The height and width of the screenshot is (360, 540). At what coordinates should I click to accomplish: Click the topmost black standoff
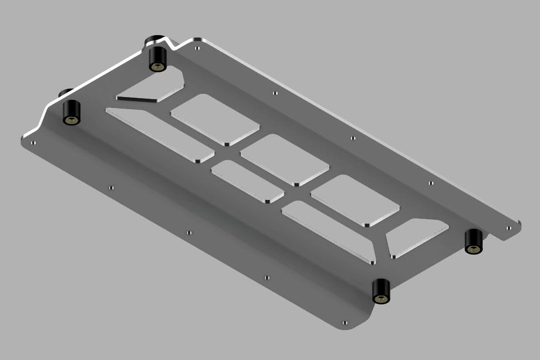point(158,57)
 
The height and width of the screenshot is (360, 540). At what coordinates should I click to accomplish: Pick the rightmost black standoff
point(474,241)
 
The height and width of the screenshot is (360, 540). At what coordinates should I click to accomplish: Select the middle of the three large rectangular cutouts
point(284,159)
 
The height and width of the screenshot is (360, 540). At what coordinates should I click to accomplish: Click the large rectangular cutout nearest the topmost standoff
point(215,119)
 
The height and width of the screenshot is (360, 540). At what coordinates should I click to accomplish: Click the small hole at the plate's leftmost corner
point(33,142)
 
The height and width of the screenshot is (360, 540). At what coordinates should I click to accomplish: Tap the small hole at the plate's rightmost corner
point(509,228)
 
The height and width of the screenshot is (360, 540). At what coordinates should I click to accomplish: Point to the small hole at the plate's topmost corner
point(196,47)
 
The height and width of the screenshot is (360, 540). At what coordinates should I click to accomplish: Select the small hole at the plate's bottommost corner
point(344,322)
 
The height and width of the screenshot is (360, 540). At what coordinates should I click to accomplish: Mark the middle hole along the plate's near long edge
point(189,232)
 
